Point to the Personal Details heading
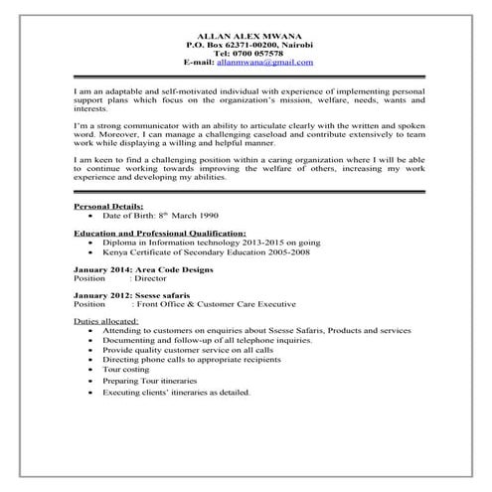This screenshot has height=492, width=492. tap(108, 205)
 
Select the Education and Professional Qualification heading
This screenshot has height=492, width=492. tap(160, 232)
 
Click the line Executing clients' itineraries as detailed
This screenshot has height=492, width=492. tap(175, 392)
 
